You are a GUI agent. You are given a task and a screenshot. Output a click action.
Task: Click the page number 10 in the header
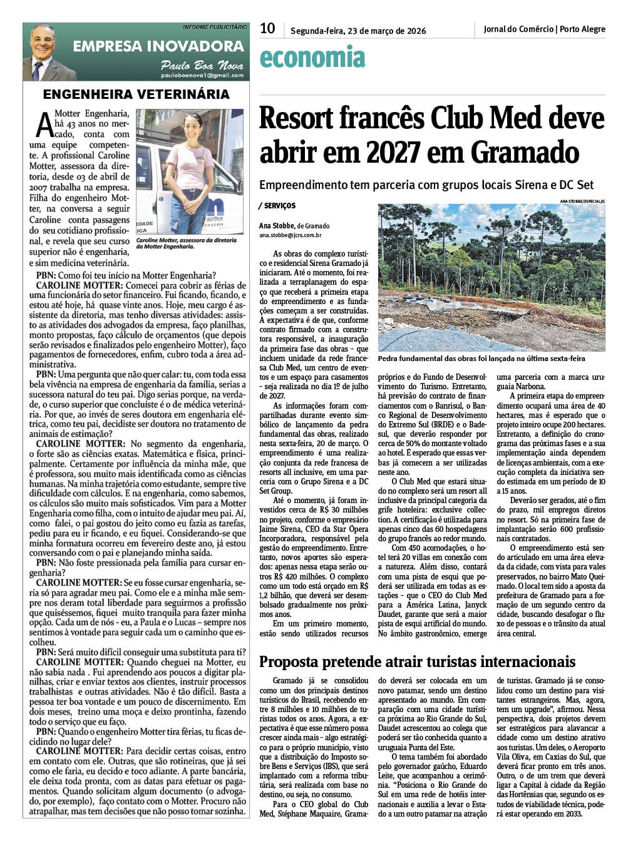[267, 29]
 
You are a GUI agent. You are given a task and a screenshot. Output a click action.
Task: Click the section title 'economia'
[312, 58]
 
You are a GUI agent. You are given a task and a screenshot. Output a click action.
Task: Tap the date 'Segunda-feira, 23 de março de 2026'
[358, 31]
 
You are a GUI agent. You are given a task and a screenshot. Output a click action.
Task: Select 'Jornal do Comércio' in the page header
[518, 29]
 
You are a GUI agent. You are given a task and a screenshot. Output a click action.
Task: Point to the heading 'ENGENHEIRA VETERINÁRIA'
[136, 95]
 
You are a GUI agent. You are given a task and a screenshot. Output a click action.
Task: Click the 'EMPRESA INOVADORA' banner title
[158, 46]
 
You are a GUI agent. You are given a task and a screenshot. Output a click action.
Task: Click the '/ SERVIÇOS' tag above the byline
[277, 206]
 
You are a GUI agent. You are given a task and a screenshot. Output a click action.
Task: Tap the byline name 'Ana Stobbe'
[277, 226]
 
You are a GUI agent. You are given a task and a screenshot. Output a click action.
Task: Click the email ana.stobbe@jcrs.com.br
[290, 235]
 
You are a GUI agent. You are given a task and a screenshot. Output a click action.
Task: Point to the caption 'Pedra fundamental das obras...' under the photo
[481, 359]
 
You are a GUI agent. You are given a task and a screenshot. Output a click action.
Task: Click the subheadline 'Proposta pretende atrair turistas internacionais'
[417, 662]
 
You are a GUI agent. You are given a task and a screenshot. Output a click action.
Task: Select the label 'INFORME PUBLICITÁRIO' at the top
[215, 27]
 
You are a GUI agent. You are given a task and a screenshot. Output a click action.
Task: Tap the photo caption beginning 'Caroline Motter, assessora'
[186, 243]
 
